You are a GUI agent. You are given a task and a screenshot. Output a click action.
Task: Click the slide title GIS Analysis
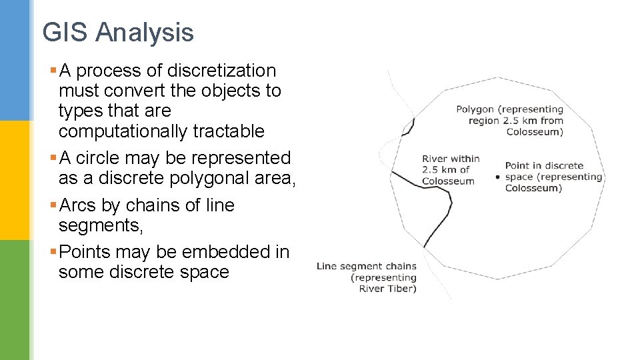(118, 32)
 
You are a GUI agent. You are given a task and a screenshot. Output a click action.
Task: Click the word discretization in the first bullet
(221, 71)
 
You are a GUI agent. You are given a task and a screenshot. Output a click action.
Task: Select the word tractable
(229, 131)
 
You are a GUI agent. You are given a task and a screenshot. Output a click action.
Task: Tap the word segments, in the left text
(101, 226)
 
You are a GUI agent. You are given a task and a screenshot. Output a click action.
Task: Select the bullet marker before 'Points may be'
(53, 252)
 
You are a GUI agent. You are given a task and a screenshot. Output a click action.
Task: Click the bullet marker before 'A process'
(53, 71)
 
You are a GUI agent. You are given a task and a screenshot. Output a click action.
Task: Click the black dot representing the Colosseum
(498, 177)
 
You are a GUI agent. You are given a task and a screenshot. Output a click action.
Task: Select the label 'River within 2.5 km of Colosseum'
(451, 170)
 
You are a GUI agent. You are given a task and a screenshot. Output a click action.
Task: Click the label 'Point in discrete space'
(553, 177)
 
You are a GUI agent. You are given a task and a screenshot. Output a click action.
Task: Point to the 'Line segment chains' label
(366, 267)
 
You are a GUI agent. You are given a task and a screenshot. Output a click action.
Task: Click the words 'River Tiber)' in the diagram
(387, 289)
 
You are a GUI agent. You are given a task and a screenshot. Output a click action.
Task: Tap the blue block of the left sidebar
(15, 60)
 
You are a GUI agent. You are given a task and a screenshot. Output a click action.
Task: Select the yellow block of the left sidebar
(15, 180)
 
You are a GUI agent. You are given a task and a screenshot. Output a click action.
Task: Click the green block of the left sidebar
(15, 300)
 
